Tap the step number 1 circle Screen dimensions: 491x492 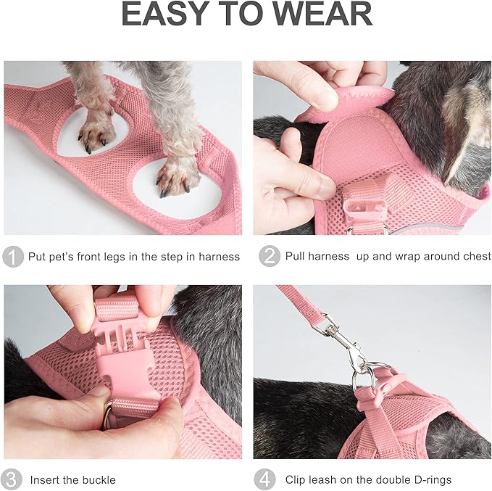[12, 257]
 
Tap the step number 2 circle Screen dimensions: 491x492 [268, 257]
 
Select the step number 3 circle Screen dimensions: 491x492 [12, 479]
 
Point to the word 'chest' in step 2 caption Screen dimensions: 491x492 [475, 257]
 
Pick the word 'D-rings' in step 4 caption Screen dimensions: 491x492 [430, 479]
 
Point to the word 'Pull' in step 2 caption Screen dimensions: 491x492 [297, 257]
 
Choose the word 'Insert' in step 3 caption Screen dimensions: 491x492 [46, 479]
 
